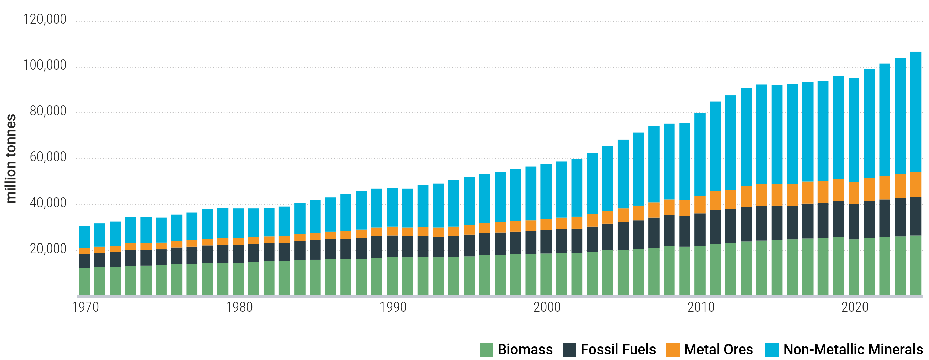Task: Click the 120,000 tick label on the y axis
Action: point(45,19)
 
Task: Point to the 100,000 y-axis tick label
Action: point(45,65)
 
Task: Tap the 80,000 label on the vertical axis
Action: point(48,111)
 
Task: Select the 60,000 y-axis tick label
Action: point(48,157)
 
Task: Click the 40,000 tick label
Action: point(48,203)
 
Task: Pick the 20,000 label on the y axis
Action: point(48,249)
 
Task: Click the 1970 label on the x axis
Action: point(85,307)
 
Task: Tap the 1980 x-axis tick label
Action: point(239,307)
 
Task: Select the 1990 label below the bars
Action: point(393,307)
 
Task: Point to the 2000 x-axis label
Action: point(547,307)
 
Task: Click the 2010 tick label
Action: point(701,307)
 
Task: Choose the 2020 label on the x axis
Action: point(855,307)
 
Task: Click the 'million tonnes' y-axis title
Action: point(11,159)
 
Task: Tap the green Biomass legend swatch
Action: point(486,350)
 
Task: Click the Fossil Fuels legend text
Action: point(618,350)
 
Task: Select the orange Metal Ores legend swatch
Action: point(672,350)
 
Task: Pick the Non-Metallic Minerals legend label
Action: point(853,350)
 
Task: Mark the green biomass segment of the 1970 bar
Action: point(84,281)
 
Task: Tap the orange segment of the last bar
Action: point(915,184)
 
